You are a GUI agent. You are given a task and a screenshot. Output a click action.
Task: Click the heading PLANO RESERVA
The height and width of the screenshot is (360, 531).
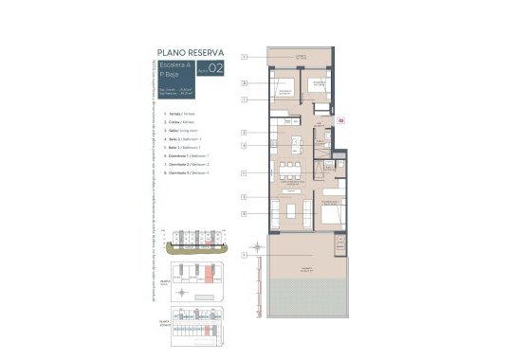190,53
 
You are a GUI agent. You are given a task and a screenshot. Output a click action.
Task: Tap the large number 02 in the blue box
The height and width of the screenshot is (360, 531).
216,67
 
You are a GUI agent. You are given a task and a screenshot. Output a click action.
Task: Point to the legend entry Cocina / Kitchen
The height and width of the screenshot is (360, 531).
183,122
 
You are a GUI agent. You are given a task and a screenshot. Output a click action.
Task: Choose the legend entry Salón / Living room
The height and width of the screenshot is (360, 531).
186,131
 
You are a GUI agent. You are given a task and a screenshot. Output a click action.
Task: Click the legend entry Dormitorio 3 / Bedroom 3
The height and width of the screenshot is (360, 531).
191,174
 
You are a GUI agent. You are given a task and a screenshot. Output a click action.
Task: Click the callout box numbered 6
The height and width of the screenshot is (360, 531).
244,83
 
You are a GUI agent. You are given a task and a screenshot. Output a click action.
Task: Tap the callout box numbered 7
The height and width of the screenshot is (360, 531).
244,99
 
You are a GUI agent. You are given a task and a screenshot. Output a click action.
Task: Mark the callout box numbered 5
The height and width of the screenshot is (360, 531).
244,173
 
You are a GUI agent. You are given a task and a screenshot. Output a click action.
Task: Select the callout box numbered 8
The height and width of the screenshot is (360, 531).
244,215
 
